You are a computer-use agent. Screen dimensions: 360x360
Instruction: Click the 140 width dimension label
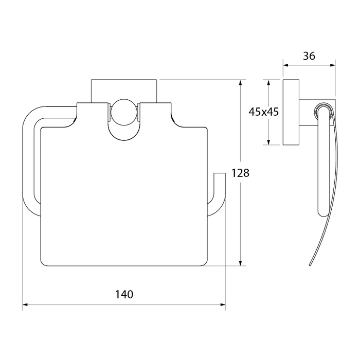(x=124, y=294)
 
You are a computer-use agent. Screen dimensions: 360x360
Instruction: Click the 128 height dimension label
(x=240, y=173)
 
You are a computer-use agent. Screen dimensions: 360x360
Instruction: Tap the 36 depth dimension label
(x=309, y=56)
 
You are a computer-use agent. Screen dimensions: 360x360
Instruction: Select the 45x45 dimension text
(x=263, y=112)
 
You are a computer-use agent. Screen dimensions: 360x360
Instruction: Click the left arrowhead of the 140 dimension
(x=25, y=304)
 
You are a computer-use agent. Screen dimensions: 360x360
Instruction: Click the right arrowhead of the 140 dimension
(x=223, y=304)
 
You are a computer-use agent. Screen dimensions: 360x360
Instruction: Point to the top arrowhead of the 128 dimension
(x=240, y=82)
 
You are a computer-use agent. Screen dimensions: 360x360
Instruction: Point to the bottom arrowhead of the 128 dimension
(x=240, y=263)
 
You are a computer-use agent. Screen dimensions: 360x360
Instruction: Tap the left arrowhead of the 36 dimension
(x=285, y=65)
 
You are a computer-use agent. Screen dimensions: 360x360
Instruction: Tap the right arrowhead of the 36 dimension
(x=332, y=65)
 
